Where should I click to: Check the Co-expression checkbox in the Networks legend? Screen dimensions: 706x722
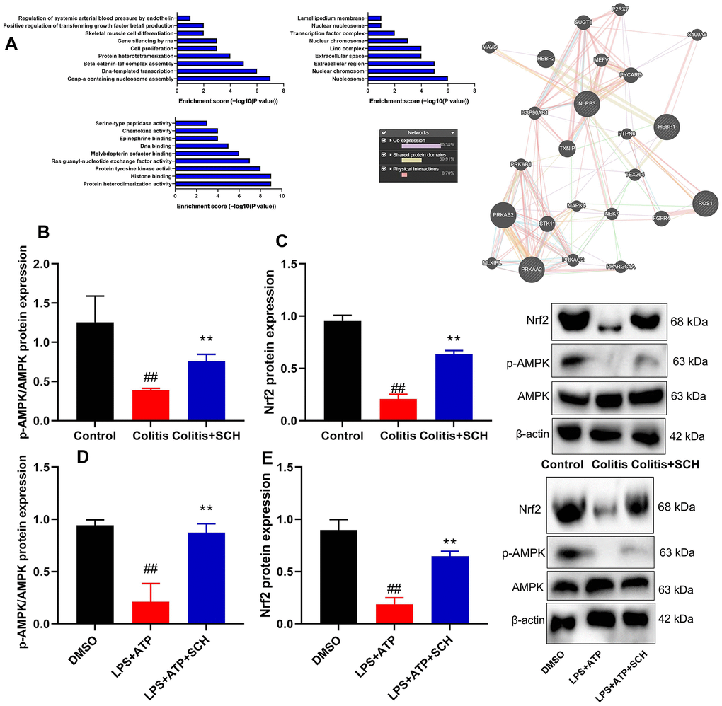pos(384,140)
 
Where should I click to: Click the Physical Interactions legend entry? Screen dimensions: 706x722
pos(418,169)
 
